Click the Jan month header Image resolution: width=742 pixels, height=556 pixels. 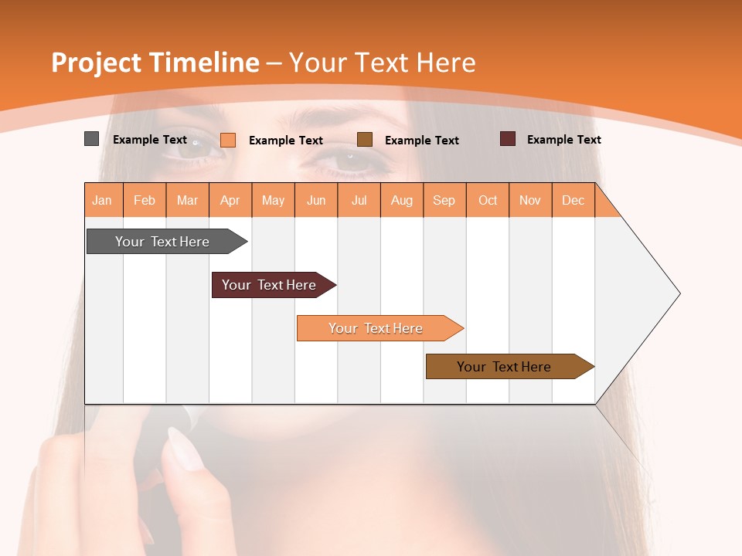pos(103,200)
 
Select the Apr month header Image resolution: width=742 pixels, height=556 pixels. pos(230,200)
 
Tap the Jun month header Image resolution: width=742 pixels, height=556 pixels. pos(316,200)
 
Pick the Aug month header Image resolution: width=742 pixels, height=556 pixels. pos(402,200)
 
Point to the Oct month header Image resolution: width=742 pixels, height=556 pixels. pos(488,200)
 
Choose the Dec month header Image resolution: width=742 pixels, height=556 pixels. pos(573,200)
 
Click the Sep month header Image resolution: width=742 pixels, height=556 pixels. pos(444,200)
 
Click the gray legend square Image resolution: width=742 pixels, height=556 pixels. pos(91,139)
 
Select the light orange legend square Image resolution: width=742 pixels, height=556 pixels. pos(228,140)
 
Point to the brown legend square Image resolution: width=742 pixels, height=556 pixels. pos(365,140)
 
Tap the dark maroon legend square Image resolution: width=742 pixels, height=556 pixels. pos(508,139)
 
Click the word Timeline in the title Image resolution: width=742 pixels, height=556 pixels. pos(204,63)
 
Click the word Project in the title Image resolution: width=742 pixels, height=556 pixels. pos(97,63)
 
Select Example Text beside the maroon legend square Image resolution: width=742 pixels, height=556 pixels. pos(563,140)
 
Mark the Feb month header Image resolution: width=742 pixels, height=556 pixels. pos(145,200)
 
